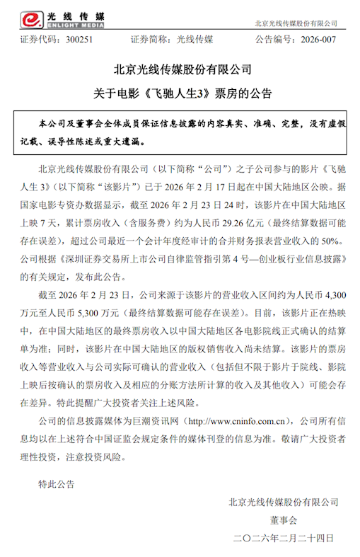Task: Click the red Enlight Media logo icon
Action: tap(15, 13)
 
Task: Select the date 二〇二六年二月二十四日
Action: tap(283, 539)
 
